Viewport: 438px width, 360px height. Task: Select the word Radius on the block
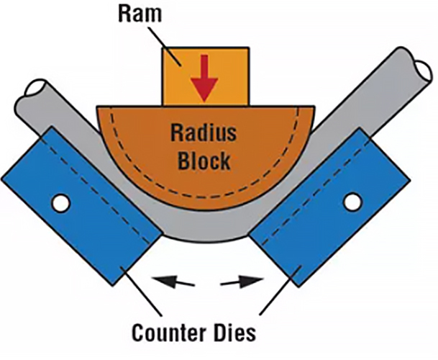(x=201, y=132)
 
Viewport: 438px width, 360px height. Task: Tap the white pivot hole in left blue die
(x=61, y=204)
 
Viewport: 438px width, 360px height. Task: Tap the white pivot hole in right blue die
(x=352, y=202)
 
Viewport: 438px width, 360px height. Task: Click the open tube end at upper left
(x=32, y=91)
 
